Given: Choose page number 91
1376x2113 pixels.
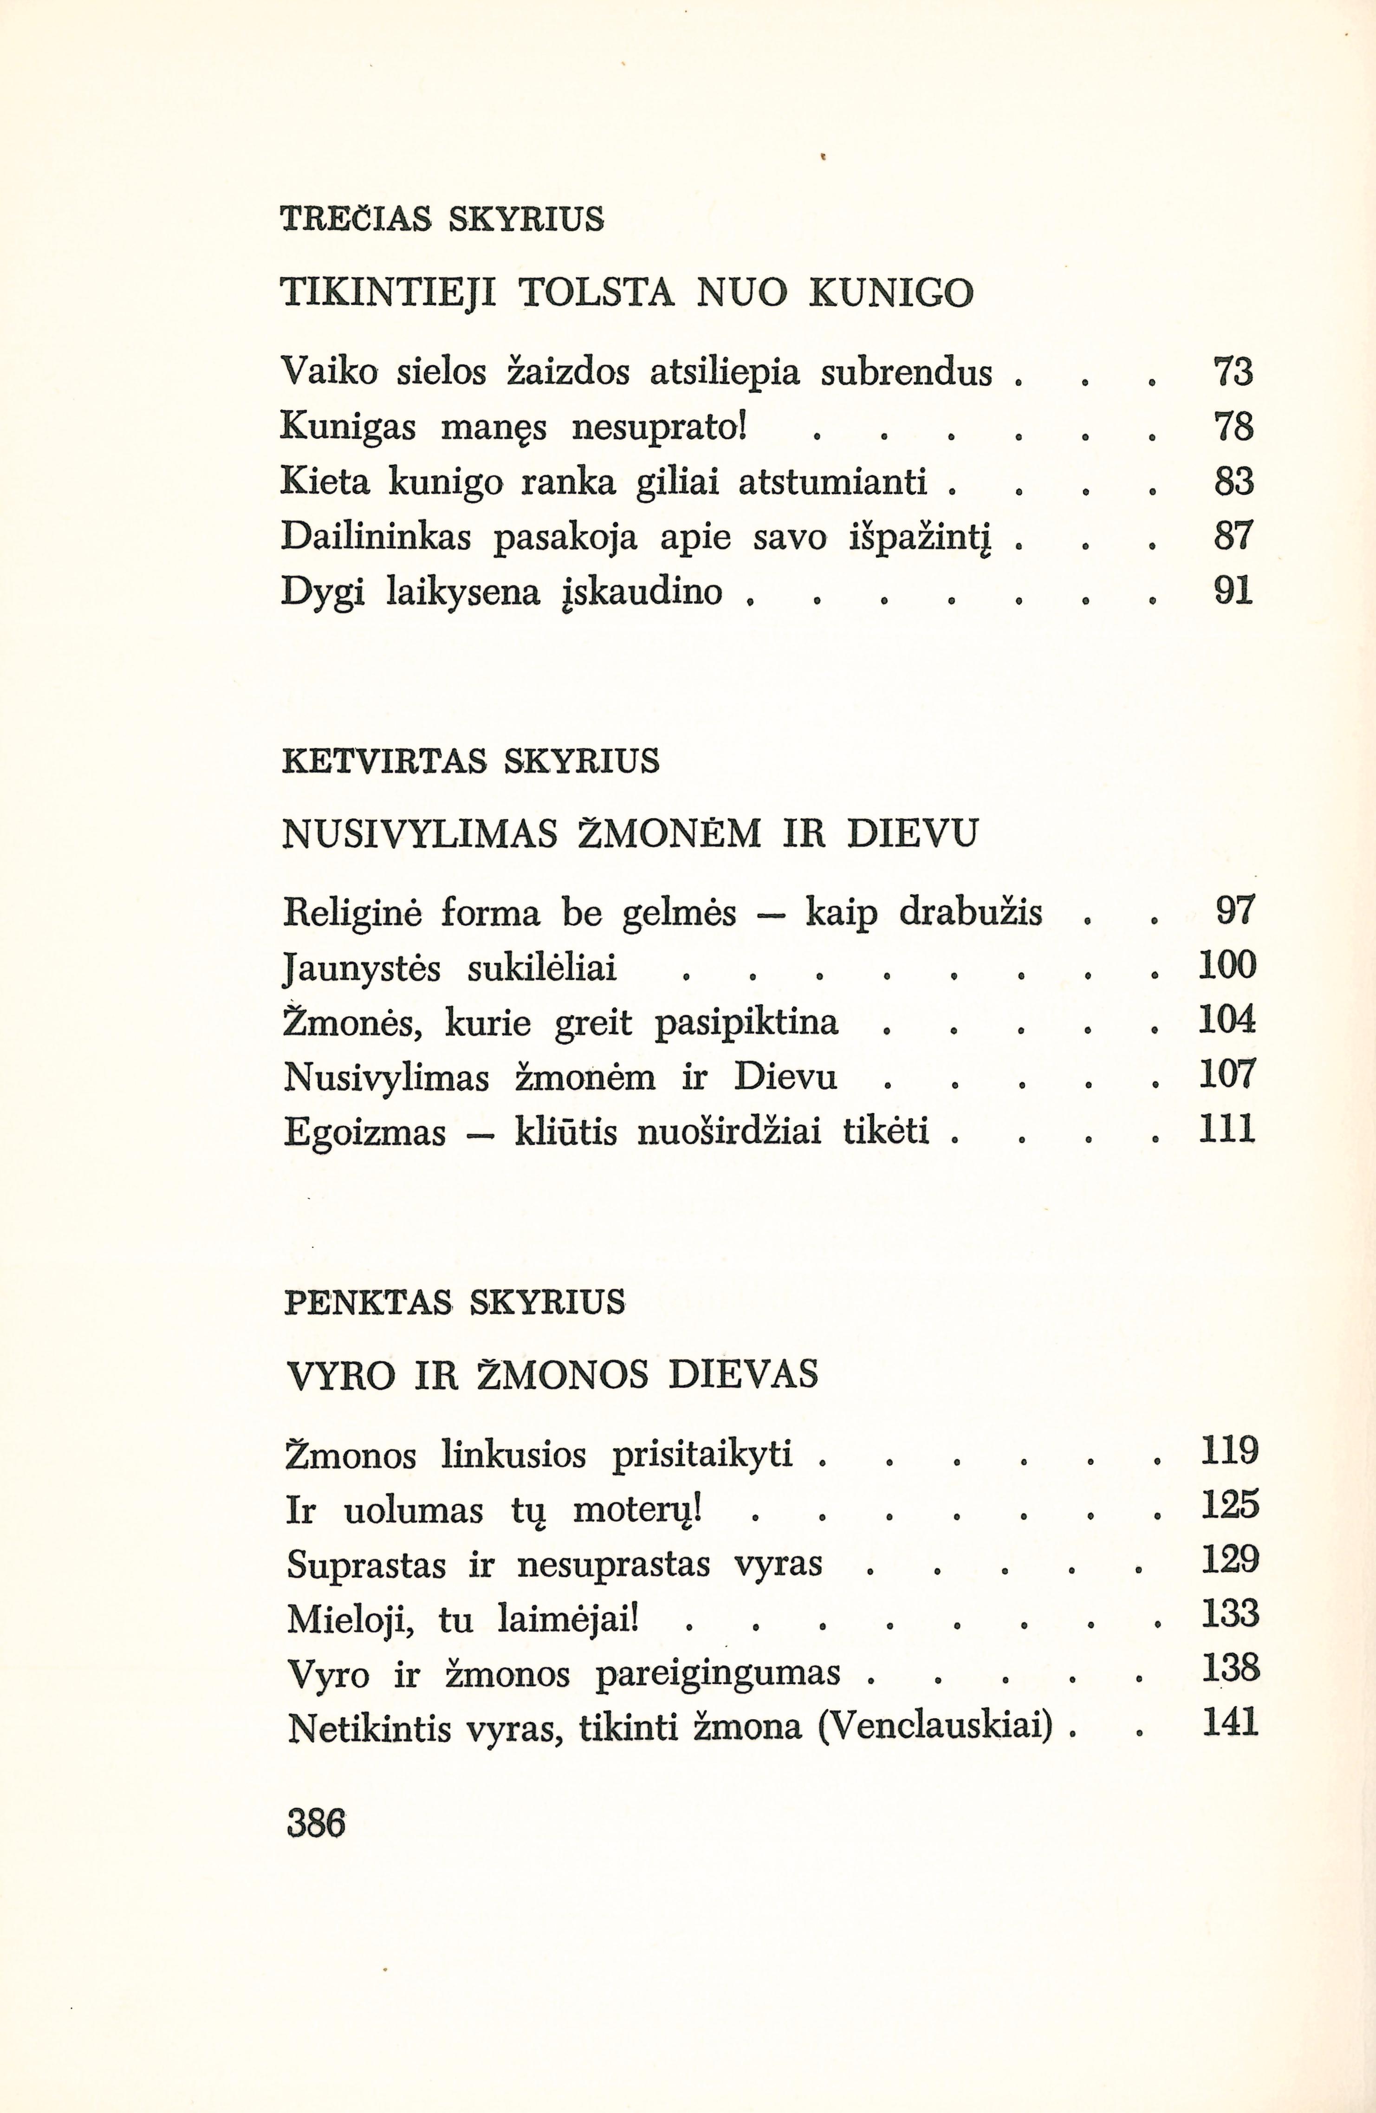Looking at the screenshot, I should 1232,591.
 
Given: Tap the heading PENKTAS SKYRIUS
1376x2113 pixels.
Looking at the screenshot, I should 454,1302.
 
